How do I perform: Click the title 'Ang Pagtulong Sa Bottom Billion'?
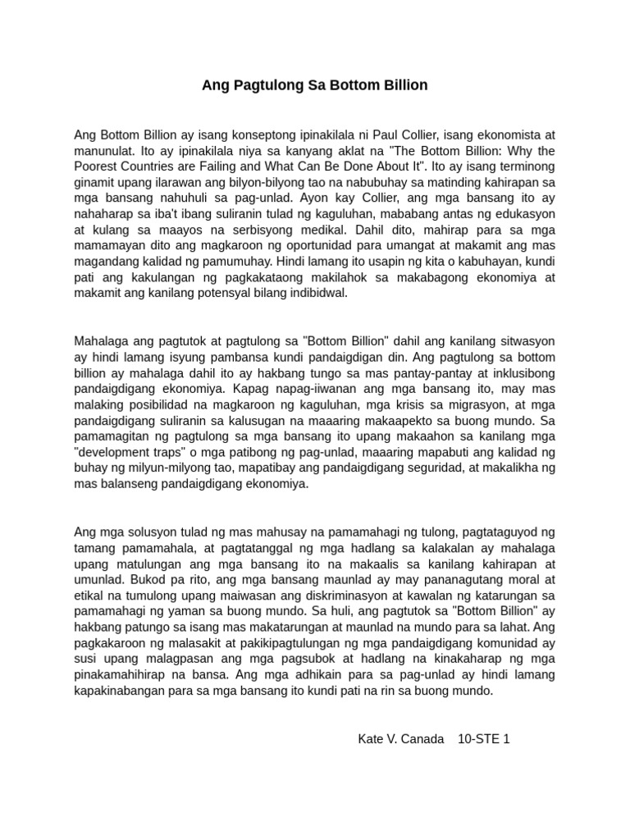[x=314, y=85]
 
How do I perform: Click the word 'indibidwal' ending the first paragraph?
[x=316, y=294]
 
